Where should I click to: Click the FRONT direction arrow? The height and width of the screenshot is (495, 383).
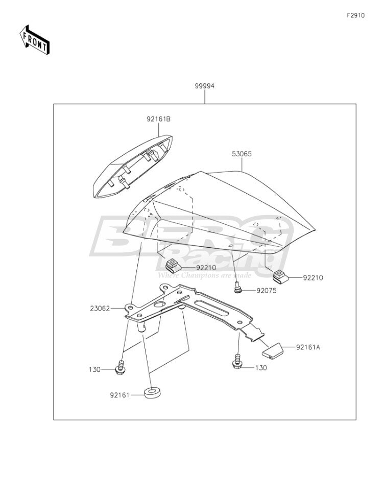click(x=35, y=39)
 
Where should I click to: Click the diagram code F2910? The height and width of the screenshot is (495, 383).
click(x=355, y=15)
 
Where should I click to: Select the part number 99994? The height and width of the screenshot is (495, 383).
click(x=204, y=86)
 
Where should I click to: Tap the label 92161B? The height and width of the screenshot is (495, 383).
click(x=159, y=120)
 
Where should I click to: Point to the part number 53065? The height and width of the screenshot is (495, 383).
click(x=242, y=154)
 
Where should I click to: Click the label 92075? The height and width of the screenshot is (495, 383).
click(x=266, y=291)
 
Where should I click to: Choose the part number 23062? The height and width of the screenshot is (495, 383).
click(x=100, y=309)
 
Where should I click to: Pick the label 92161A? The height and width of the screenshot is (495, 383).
click(x=308, y=347)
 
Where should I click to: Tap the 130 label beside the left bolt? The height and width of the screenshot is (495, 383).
click(x=94, y=369)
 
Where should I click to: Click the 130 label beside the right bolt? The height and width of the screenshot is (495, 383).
click(x=261, y=368)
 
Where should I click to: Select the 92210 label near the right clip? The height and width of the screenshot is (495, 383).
click(x=313, y=278)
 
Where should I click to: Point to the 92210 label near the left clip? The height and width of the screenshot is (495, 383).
click(x=206, y=268)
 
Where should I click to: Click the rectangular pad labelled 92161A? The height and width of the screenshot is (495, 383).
click(x=273, y=350)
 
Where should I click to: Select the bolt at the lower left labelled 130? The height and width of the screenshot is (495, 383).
click(x=120, y=368)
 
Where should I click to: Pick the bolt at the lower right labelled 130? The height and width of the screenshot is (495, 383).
click(x=238, y=362)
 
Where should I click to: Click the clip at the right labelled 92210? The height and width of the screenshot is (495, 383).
click(x=280, y=276)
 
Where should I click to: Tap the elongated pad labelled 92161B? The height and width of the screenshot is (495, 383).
click(x=132, y=167)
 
